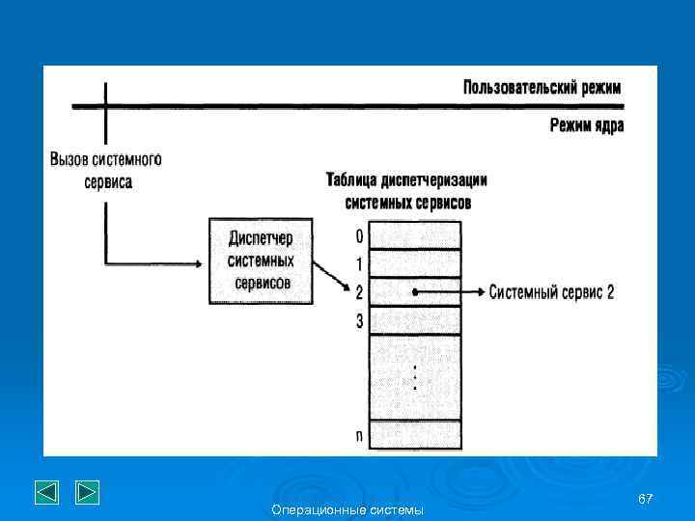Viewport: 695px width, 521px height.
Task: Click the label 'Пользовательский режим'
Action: click(542, 88)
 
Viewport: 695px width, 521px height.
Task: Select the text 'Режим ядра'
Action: click(587, 125)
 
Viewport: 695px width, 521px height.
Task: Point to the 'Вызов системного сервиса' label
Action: click(105, 170)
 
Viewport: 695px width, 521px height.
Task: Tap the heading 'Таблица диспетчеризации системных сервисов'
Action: click(407, 191)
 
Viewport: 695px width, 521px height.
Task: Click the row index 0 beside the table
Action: click(359, 236)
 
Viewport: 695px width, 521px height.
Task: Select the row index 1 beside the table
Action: click(359, 264)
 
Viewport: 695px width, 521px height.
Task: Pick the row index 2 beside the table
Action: click(359, 292)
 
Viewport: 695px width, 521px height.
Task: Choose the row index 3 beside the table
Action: click(359, 321)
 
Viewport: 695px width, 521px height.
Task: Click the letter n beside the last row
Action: click(359, 436)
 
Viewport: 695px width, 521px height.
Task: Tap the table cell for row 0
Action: click(416, 235)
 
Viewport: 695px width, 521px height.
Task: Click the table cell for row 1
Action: click(416, 263)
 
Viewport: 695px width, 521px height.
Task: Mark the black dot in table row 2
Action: click(415, 291)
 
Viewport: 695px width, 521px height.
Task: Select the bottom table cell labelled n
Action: click(416, 435)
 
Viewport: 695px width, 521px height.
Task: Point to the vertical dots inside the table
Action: click(415, 376)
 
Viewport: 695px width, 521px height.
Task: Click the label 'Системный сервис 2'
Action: click(551, 292)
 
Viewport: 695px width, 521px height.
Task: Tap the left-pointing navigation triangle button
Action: click(47, 493)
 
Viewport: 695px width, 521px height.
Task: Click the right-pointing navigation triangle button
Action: click(87, 493)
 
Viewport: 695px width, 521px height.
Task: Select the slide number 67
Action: click(646, 497)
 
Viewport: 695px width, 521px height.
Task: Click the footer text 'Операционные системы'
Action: click(347, 509)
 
